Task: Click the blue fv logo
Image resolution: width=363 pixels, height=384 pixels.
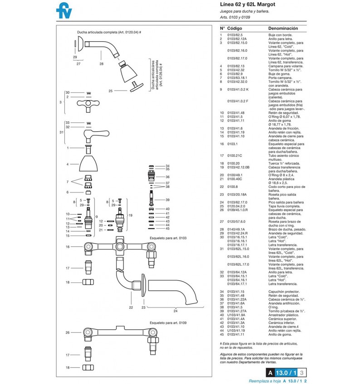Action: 64,10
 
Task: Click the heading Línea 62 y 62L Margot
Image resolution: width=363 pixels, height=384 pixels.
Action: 247,4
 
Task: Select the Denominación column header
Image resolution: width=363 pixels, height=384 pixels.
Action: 283,29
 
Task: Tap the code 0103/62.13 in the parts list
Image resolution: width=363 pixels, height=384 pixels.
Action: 235,66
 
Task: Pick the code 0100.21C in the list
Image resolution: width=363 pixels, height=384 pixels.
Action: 235,155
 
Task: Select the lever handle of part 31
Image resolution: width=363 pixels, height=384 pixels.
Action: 96,135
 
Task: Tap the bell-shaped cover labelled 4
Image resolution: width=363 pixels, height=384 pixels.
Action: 88,163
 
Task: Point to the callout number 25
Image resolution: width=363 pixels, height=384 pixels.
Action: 110,91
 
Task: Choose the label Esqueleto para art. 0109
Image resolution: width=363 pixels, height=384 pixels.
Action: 168,323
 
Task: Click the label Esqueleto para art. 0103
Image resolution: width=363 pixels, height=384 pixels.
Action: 168,238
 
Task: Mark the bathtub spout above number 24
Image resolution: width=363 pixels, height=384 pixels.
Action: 173,290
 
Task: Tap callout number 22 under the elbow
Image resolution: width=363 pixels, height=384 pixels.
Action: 131,307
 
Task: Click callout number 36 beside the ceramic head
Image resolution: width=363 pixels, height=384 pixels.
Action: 167,177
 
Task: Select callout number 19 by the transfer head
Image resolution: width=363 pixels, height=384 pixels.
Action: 130,215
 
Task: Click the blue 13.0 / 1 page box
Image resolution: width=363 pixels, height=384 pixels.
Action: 286,373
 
